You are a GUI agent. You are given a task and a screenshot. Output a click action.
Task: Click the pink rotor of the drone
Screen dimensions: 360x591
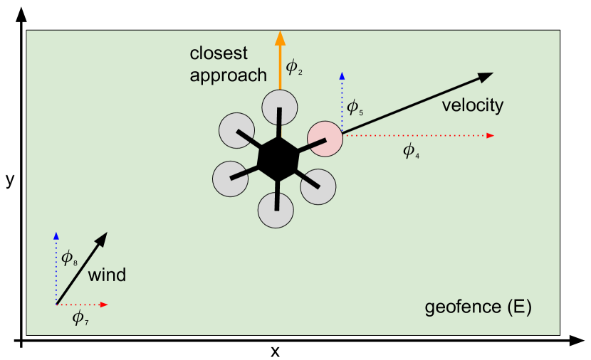coord(325,139)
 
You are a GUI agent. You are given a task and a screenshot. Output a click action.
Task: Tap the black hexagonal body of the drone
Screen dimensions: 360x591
coord(277,159)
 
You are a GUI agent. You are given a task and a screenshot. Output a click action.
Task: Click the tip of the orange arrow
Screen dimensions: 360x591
coord(280,33)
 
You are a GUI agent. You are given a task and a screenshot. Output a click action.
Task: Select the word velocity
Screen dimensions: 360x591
coord(472,106)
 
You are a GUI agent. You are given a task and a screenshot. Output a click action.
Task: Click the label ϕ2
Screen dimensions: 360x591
coord(294,68)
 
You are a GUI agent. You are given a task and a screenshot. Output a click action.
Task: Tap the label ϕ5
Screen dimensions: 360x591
coord(355,109)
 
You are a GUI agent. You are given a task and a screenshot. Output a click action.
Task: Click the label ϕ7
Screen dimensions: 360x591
coord(80,319)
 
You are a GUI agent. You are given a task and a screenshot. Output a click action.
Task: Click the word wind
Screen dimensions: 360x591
coord(107,275)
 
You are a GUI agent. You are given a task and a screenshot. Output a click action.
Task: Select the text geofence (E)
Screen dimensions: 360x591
coord(478,308)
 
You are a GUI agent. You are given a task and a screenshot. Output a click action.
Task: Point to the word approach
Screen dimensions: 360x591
coord(228,75)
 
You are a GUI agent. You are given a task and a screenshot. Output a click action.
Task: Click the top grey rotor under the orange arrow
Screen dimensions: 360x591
coord(280,107)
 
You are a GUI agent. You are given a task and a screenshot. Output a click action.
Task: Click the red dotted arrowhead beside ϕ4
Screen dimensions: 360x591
coord(491,135)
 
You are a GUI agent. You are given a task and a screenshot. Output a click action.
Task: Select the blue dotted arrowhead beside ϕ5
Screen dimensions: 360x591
coord(342,75)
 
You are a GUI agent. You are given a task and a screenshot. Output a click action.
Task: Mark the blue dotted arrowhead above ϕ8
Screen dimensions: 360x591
coord(56,235)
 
